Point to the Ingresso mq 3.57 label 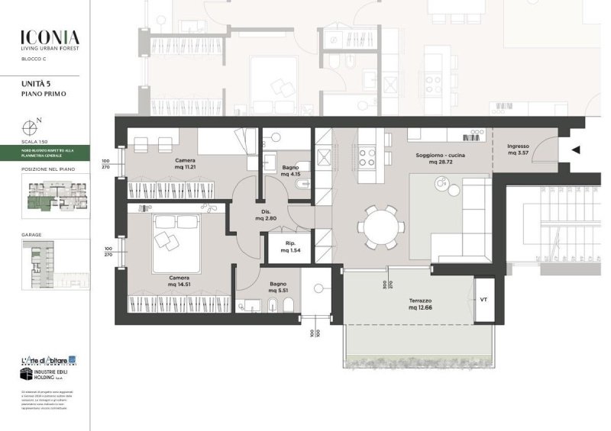[519, 149]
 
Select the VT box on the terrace [483, 299]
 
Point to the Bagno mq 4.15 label [290, 169]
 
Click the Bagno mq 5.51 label [278, 288]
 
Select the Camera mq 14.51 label [179, 281]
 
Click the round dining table [380, 227]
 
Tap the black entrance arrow [577, 150]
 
